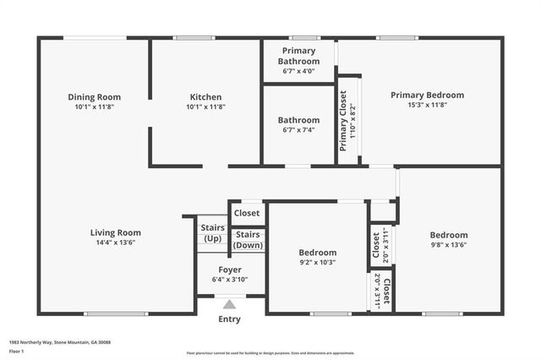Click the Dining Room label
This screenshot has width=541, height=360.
[x=94, y=97]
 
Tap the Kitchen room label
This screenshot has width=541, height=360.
[x=205, y=97]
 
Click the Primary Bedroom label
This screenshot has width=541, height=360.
[x=427, y=95]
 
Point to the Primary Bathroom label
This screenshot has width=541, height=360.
[x=299, y=57]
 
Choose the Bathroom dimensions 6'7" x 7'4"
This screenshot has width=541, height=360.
[x=299, y=130]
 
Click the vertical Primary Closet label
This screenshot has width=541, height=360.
[x=343, y=120]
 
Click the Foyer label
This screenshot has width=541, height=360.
[x=225, y=270]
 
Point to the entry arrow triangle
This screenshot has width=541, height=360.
[x=229, y=304]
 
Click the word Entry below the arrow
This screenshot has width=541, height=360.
[x=229, y=319]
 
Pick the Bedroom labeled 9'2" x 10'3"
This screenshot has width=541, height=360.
[x=317, y=262]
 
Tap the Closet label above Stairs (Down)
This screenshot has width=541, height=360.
[x=247, y=213]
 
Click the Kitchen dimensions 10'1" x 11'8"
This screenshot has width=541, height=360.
[x=205, y=107]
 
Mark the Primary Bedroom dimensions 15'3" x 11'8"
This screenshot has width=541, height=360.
[x=427, y=106]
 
